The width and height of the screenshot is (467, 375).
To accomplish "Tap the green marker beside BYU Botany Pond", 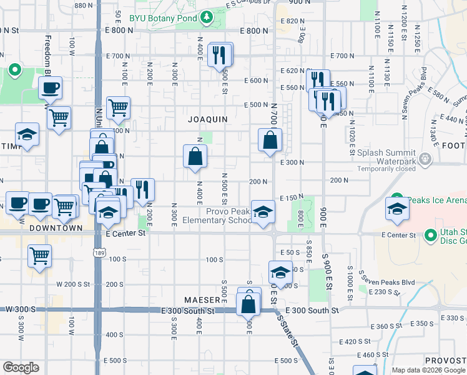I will [x=207, y=18].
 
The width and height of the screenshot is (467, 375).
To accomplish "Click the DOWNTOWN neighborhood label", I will [x=56, y=228].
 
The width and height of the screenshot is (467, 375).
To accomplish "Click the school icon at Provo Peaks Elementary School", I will [x=263, y=211].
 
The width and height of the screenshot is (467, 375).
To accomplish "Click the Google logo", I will [x=21, y=367].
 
